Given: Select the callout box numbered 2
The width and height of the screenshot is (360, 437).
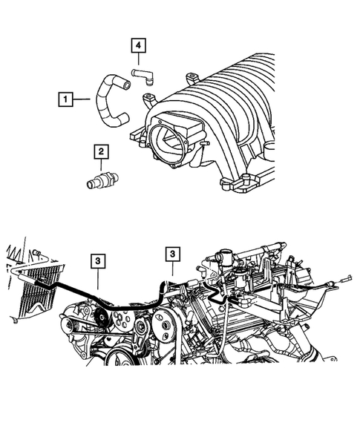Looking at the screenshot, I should [99, 152].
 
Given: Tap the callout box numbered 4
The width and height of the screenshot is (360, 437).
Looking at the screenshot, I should [138, 47].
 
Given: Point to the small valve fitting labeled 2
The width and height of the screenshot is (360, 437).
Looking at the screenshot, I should [98, 182].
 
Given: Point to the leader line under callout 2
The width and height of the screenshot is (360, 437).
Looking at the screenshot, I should [99, 168].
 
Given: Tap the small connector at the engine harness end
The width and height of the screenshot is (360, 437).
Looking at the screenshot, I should [346, 280].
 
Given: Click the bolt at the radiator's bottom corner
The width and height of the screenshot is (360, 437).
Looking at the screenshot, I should [15, 321].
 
